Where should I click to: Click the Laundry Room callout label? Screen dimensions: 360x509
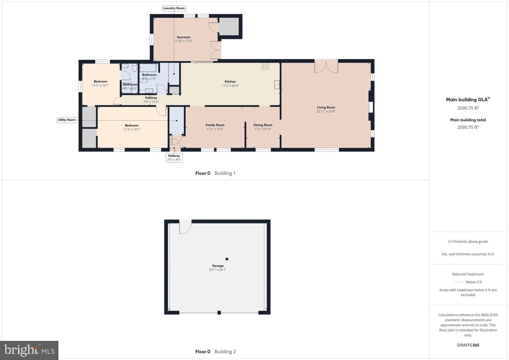[174, 8]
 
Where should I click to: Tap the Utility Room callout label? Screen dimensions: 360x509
[67, 120]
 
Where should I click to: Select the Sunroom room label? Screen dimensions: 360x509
[183, 37]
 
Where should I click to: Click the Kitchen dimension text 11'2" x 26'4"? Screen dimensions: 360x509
[230, 86]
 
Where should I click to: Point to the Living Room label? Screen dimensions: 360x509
[326, 108]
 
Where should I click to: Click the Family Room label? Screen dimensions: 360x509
[215, 125]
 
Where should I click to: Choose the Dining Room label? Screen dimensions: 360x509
[263, 125]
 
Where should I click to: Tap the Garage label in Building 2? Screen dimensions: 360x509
[218, 266]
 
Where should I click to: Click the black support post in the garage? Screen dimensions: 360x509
[227, 259]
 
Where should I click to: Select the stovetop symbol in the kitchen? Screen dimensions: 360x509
[265, 66]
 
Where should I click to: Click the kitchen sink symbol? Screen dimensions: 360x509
[277, 85]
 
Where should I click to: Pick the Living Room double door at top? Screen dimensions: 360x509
[326, 66]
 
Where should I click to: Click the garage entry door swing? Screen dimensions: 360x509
[185, 226]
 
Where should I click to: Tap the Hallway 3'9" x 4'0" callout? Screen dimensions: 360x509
[174, 158]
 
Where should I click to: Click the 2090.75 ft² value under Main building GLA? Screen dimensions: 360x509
[468, 108]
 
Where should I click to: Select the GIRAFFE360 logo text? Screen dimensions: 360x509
[468, 345]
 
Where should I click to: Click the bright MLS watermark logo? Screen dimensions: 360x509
[29, 350]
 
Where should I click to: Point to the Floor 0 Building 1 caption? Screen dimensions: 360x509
[215, 173]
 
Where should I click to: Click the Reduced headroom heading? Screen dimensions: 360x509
[468, 274]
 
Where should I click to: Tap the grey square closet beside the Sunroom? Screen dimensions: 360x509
[229, 27]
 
